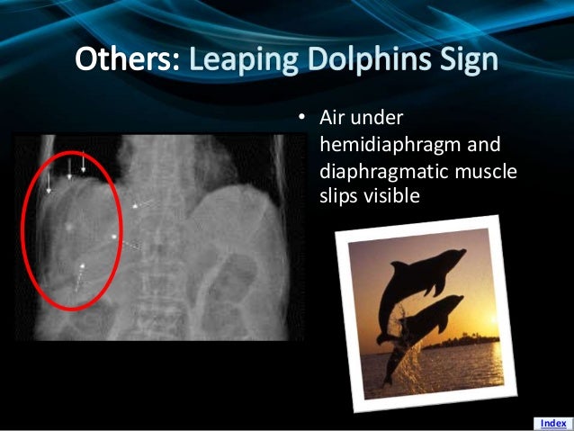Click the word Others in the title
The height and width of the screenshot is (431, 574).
pos(125,60)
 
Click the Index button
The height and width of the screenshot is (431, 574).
pos(552,422)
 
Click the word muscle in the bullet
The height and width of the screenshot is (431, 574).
pos(489,169)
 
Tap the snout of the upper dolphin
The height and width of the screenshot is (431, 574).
pos(462,256)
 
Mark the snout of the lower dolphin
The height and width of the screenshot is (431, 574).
pos(462,301)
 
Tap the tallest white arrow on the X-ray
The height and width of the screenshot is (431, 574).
pos(84,163)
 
